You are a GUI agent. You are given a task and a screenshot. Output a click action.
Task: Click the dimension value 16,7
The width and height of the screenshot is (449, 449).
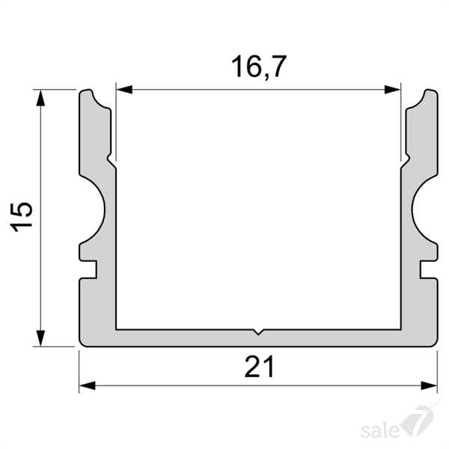pyautogui.click(x=259, y=67)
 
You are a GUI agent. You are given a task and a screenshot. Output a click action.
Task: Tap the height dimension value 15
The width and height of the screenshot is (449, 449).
pyautogui.click(x=22, y=217)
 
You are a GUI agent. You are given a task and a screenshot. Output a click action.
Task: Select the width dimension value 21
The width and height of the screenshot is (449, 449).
pyautogui.click(x=260, y=367)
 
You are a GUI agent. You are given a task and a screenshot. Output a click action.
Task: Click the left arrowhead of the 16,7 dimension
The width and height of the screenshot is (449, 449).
pyautogui.click(x=124, y=89)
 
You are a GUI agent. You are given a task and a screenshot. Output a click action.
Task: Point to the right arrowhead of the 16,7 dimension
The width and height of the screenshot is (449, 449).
pyautogui.click(x=393, y=89)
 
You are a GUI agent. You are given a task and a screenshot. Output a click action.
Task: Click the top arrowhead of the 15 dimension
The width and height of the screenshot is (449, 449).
pyautogui.click(x=41, y=97)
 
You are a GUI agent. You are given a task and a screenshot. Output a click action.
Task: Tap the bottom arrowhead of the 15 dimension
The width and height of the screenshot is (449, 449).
pyautogui.click(x=41, y=338)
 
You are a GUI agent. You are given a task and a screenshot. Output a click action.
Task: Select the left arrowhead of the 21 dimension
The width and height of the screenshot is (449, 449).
pyautogui.click(x=87, y=385)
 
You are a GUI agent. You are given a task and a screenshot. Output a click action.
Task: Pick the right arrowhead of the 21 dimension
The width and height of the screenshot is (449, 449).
pyautogui.click(x=429, y=385)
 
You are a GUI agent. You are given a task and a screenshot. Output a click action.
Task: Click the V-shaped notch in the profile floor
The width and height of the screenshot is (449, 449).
pyautogui.click(x=258, y=332)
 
